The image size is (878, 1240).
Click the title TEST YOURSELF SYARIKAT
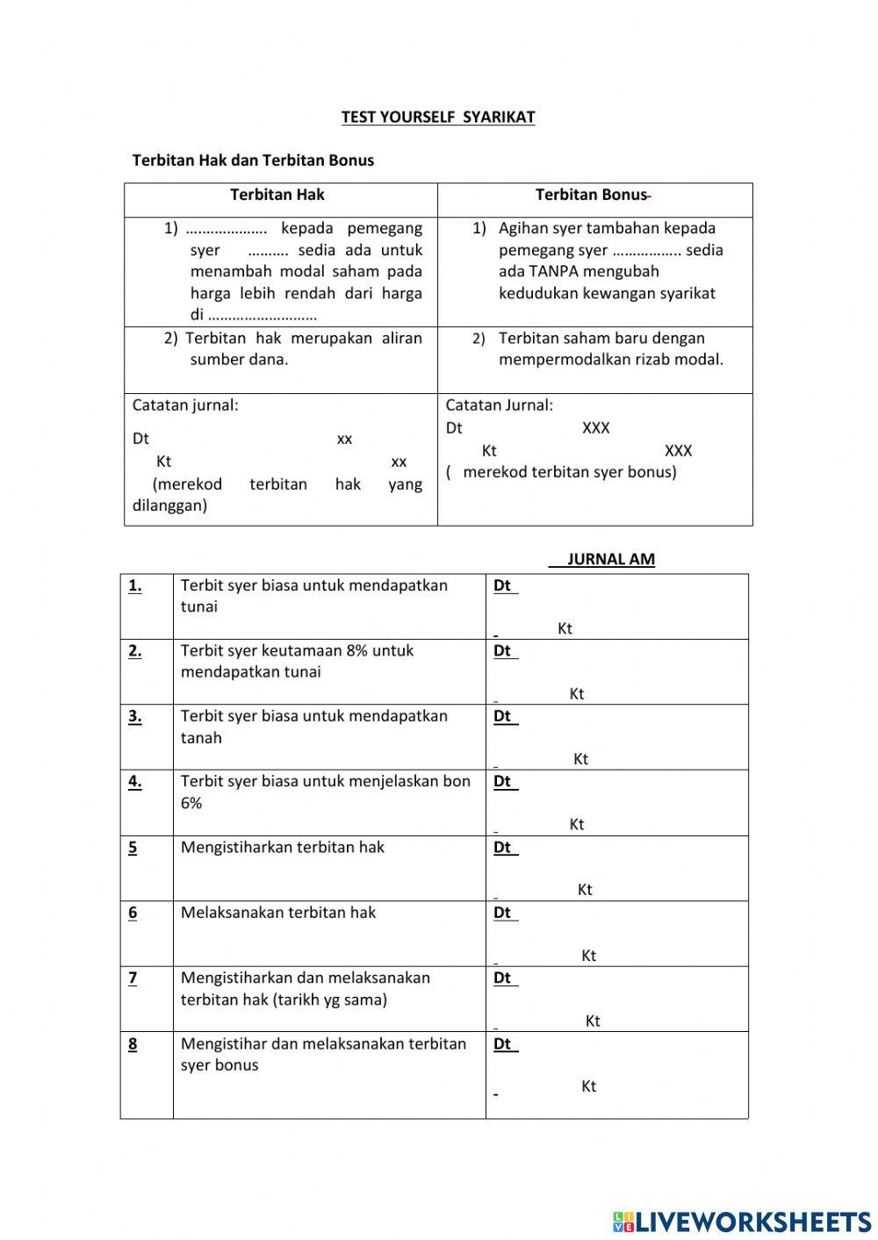(x=437, y=117)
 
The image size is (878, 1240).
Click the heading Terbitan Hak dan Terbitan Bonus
(x=253, y=160)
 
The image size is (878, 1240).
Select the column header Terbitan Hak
(x=277, y=195)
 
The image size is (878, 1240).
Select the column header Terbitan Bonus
(x=591, y=195)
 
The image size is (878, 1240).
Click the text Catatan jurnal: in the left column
(x=185, y=405)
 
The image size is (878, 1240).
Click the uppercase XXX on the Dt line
(x=595, y=427)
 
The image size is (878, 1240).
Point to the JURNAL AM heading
(x=610, y=559)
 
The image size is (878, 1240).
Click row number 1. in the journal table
(x=135, y=585)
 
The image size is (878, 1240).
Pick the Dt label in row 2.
(x=502, y=650)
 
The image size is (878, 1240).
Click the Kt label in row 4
(x=577, y=824)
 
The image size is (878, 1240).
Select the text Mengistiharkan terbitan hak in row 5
(x=283, y=847)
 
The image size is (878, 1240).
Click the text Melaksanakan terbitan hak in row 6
(x=278, y=913)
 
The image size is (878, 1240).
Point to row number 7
(x=133, y=978)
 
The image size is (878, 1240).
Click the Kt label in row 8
(x=588, y=1086)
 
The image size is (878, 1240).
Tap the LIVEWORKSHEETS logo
(x=741, y=1221)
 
